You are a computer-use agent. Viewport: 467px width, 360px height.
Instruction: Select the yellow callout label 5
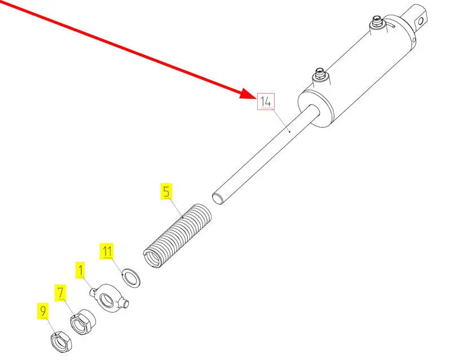[x=165, y=191]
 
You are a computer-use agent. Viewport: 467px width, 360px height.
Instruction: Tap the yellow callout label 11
[x=107, y=251]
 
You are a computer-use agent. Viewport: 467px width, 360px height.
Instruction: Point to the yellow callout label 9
[x=43, y=311]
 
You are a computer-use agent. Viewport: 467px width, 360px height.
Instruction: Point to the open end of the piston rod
[x=217, y=197]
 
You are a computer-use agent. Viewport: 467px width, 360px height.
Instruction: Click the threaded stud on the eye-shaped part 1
[x=127, y=304]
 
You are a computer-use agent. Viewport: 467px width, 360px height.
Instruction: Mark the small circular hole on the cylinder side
[x=413, y=41]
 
